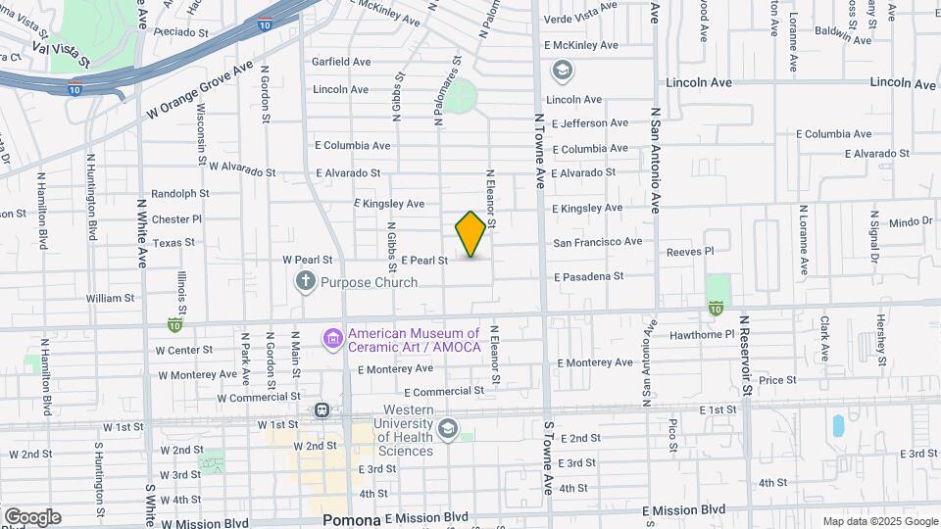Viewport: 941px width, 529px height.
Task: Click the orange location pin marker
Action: (471, 234)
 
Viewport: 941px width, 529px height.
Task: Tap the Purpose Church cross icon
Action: (306, 282)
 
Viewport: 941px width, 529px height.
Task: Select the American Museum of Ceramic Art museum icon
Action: (332, 339)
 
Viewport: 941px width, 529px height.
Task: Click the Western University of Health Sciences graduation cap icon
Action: (448, 428)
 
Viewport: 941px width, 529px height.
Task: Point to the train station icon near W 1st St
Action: (321, 410)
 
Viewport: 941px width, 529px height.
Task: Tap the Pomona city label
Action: (352, 519)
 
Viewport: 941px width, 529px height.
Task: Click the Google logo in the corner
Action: (32, 517)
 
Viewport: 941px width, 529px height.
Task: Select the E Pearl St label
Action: (424, 261)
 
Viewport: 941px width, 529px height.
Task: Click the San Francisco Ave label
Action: (597, 241)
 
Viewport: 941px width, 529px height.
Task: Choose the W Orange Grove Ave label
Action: (200, 89)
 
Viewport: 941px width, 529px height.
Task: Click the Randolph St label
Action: (181, 194)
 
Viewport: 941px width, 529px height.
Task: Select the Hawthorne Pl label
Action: (701, 334)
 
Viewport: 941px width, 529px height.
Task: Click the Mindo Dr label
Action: (911, 221)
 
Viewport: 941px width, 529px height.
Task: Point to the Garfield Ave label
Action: (341, 61)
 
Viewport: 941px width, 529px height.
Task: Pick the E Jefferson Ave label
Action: (589, 123)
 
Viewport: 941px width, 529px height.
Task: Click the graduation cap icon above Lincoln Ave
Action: (563, 70)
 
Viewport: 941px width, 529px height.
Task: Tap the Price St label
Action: (776, 379)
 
